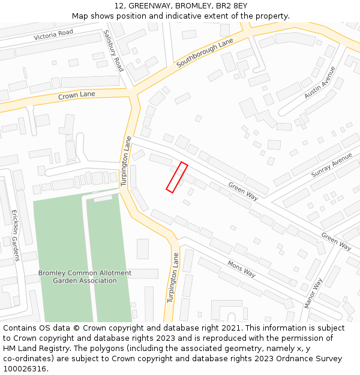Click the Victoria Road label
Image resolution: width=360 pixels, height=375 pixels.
(x=53, y=35)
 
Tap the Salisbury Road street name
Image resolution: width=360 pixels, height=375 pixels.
(x=113, y=51)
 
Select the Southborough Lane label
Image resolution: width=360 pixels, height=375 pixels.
(x=204, y=53)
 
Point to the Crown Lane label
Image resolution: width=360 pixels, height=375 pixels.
(x=76, y=95)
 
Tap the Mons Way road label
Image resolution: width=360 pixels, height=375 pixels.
(x=241, y=268)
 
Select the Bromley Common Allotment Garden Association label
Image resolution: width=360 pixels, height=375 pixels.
(x=85, y=277)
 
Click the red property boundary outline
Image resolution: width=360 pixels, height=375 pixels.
(x=177, y=178)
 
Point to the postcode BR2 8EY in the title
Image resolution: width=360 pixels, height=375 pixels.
(x=232, y=6)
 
